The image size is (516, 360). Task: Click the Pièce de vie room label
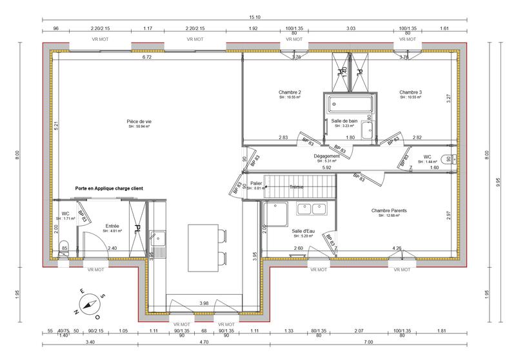[139, 121]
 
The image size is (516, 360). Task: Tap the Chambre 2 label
[290, 92]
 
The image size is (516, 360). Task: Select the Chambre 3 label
[410, 92]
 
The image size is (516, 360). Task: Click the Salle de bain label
[344, 121]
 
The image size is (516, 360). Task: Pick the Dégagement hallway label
[328, 156]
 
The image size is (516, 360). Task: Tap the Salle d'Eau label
[302, 230]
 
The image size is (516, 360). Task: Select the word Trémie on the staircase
[297, 187]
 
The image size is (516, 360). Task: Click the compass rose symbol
[90, 303]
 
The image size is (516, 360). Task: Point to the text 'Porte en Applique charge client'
[109, 188]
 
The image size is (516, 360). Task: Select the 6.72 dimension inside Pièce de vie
[146, 57]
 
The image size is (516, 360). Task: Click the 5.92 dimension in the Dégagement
[327, 168]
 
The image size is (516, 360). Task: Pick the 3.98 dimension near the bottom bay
[204, 303]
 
